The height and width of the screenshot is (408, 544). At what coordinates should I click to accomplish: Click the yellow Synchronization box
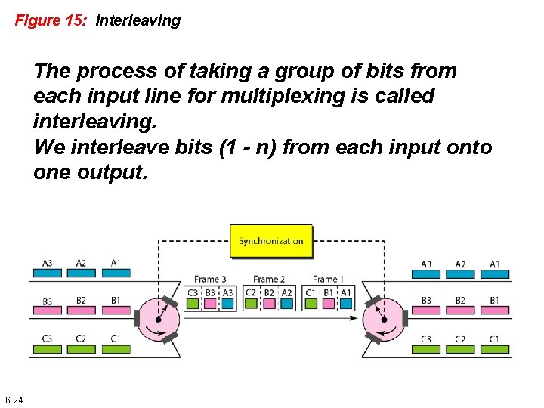(270, 241)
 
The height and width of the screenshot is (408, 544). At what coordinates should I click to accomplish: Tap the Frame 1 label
(326, 279)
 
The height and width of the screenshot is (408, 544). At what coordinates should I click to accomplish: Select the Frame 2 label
(268, 279)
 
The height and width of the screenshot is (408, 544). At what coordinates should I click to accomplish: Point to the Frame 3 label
(210, 279)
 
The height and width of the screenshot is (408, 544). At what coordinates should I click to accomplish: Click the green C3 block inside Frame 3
(193, 303)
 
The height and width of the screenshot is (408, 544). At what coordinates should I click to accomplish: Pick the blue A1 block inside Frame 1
(346, 303)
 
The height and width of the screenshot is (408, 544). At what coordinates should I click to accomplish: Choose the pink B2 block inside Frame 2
(269, 303)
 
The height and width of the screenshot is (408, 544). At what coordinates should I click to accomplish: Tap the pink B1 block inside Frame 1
(328, 303)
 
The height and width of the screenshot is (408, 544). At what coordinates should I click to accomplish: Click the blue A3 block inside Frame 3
(228, 303)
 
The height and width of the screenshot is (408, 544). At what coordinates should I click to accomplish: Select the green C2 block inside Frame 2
(252, 303)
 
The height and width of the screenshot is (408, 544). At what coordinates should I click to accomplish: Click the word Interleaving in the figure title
(138, 20)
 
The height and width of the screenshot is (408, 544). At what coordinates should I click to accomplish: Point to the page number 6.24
(14, 400)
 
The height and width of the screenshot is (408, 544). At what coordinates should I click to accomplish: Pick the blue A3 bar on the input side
(47, 273)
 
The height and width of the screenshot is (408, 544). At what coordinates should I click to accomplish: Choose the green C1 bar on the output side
(494, 349)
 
